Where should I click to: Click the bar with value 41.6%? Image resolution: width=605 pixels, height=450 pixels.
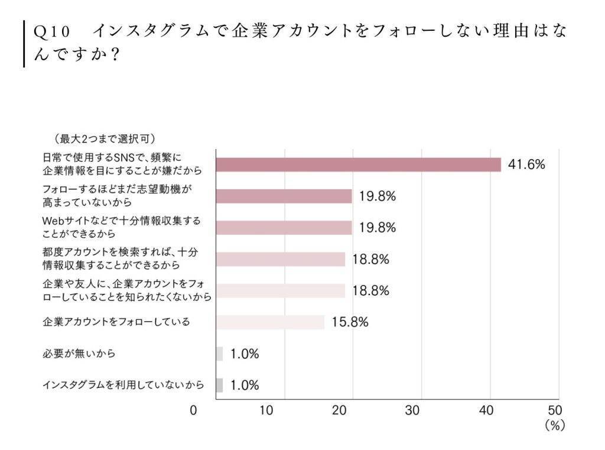point(358,164)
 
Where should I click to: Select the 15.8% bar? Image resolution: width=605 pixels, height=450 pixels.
point(270,322)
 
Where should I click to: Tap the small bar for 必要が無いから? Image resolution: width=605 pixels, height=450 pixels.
point(219,354)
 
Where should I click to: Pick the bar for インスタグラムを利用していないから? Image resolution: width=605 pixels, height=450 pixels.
point(219,386)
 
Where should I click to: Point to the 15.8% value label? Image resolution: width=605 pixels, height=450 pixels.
point(350,322)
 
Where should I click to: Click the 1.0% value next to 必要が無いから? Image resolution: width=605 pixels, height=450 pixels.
point(245,354)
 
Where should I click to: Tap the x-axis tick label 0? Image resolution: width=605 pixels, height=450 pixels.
point(193,410)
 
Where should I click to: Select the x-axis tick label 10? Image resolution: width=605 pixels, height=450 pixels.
point(266,410)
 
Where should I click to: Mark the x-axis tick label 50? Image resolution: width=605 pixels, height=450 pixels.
point(555,410)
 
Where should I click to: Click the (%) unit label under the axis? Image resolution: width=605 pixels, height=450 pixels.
point(555,426)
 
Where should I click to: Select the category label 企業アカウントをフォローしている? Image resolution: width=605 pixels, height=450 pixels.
point(116,322)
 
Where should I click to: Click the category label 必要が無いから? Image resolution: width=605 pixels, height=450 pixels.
point(79,354)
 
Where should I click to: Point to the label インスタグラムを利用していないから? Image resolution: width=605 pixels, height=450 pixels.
point(123,386)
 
